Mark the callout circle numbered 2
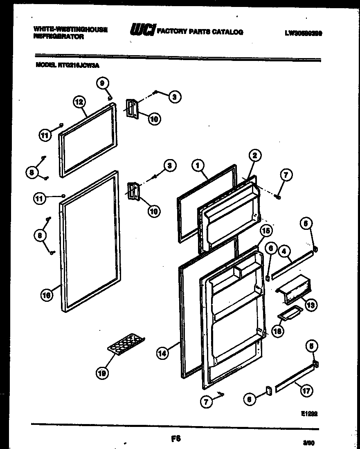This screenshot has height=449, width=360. click(x=254, y=155)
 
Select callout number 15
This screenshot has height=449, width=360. click(x=265, y=231)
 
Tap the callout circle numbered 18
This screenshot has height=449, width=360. click(x=277, y=332)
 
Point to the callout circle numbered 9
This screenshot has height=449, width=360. click(x=103, y=83)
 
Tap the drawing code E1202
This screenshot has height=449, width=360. click(x=309, y=413)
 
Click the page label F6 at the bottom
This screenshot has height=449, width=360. click(x=176, y=439)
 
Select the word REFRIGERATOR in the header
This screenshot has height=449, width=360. click(x=59, y=37)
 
